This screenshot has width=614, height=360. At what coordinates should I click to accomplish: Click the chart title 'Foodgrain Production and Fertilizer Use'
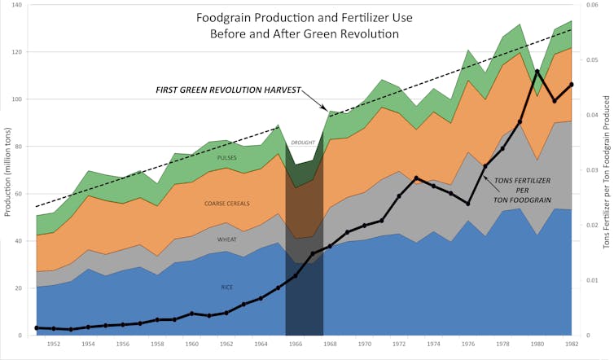tap(304, 18)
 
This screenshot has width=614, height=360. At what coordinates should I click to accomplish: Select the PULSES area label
tap(227, 157)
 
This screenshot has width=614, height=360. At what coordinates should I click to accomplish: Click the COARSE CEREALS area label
tap(227, 204)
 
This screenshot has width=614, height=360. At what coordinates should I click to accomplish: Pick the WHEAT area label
tap(227, 240)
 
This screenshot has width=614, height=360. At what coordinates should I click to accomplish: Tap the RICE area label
tap(227, 287)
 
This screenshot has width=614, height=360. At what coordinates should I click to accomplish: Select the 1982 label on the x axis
tap(572, 345)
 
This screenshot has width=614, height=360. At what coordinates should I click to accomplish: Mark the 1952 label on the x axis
tap(54, 345)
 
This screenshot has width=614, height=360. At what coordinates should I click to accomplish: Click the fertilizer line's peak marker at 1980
tap(537, 71)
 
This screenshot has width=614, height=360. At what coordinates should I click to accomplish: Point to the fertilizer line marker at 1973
tap(416, 178)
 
